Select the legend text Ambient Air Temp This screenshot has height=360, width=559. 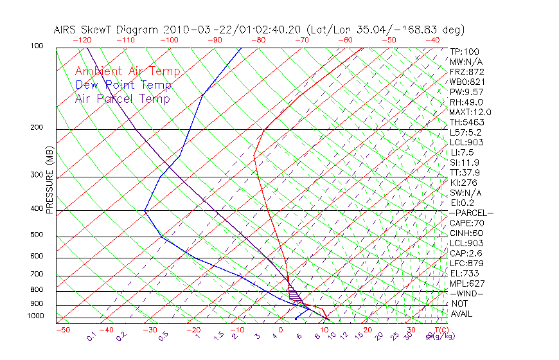tap(128, 71)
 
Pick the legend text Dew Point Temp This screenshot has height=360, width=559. tap(123, 85)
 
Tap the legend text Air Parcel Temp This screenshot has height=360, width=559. tap(123, 98)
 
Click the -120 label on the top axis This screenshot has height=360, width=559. tap(82, 40)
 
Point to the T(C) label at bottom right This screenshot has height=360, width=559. tap(439, 330)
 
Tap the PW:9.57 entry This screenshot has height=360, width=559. tap(465, 91)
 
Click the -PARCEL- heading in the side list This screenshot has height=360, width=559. tap(471, 212)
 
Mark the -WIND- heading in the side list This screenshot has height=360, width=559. tap(466, 293)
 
